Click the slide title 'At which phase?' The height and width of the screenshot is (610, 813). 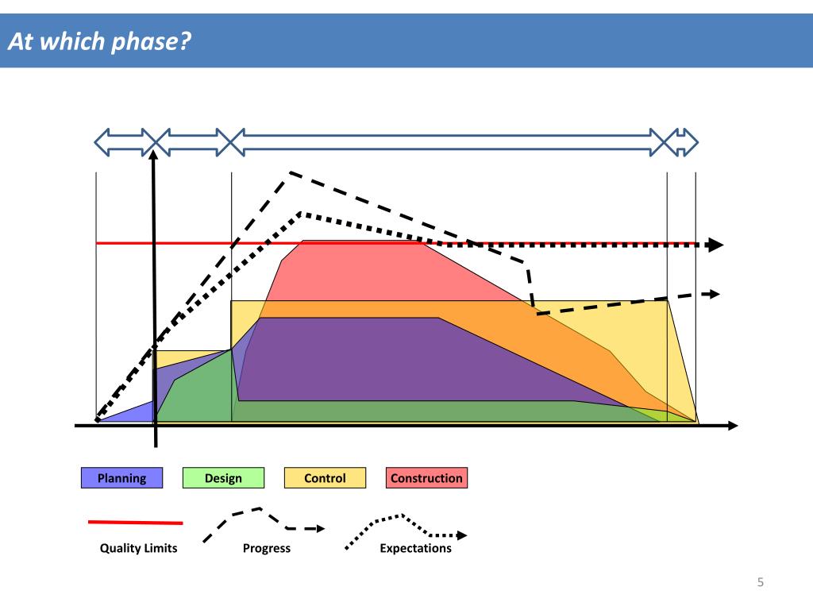coord(100,41)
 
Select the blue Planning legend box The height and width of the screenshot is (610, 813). coord(121,478)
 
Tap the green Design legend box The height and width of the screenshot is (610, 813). coord(223,478)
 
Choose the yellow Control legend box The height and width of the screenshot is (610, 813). coord(325,478)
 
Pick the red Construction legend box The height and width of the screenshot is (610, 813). coord(426,478)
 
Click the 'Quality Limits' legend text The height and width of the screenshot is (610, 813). coord(138,548)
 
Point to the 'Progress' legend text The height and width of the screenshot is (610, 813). coord(267,548)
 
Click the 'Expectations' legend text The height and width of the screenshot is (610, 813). coord(415,548)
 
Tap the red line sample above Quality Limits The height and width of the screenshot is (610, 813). coord(135,523)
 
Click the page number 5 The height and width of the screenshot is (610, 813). coord(760,583)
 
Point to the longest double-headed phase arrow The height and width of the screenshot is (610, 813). coord(449,142)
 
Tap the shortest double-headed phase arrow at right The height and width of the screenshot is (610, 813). coord(682,142)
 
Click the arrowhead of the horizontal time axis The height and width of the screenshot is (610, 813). coord(731,426)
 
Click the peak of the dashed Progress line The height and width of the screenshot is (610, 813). coord(291,172)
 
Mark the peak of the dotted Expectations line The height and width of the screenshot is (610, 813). coord(301,213)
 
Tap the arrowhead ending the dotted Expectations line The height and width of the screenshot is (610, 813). coord(716,245)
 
